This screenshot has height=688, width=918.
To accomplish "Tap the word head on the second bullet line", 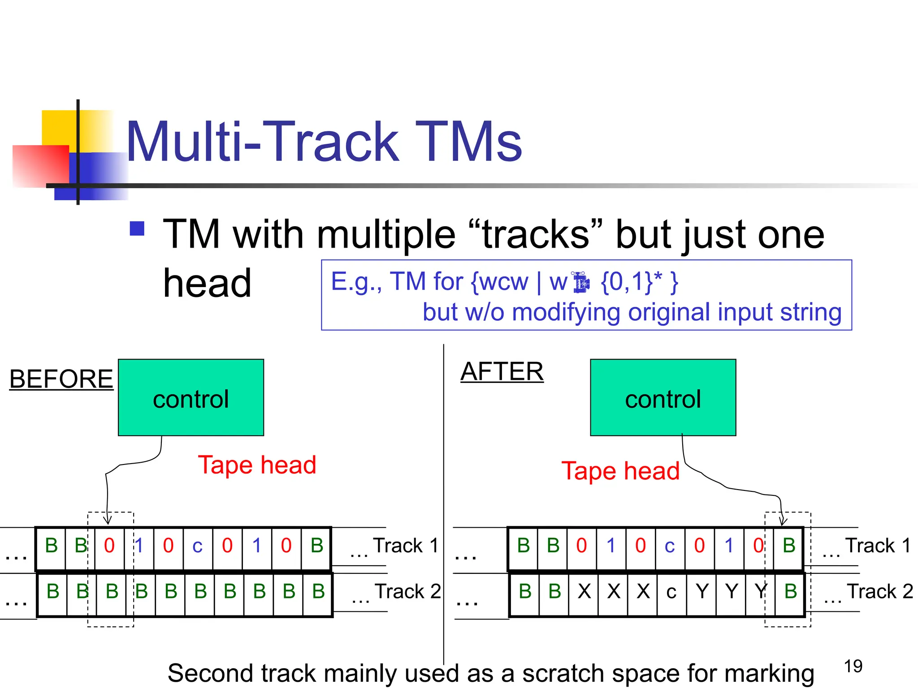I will [207, 283].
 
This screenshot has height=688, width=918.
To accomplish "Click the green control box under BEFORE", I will [191, 397].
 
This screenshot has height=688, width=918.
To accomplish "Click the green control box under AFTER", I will [663, 397].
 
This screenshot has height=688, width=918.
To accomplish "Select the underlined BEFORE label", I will [61, 379].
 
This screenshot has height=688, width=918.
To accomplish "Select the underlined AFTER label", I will [502, 371].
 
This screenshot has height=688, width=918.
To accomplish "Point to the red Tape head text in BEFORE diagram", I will [257, 464].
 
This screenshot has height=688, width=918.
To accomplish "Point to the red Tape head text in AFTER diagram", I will [620, 471].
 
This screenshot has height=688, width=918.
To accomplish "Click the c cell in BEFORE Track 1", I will [197, 546].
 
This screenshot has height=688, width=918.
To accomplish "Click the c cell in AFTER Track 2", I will [671, 592].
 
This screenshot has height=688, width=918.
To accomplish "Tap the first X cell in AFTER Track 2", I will [584, 592].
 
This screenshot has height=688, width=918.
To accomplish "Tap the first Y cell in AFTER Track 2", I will [701, 592].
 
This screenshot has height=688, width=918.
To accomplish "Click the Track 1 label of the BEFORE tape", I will [406, 546].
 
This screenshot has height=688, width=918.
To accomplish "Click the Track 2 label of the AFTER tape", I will [879, 591].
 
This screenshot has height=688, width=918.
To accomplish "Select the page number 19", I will [853, 666].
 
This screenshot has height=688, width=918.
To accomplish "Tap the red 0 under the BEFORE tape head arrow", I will [109, 546].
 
